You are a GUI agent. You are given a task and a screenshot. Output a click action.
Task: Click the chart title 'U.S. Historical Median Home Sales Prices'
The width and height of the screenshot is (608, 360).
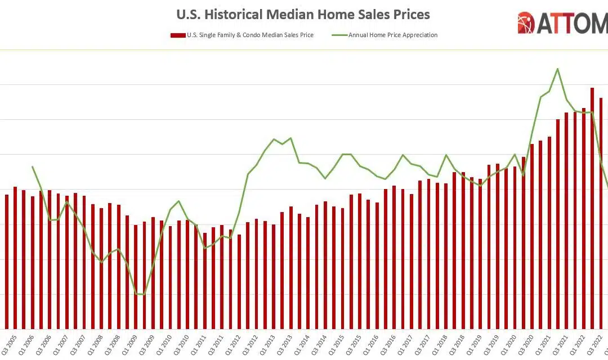click(303, 14)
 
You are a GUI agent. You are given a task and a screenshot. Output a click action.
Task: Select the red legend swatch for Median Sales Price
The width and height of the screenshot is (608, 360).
click(178, 35)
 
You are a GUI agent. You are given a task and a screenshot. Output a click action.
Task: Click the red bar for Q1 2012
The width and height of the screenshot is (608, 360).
click(239, 281)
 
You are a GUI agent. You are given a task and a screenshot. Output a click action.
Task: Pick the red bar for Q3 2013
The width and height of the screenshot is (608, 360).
click(291, 267)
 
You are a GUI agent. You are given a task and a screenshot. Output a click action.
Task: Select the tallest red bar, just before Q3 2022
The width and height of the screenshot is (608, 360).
click(592, 208)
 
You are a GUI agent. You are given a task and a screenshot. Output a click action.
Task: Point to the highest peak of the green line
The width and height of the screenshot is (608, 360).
click(557, 69)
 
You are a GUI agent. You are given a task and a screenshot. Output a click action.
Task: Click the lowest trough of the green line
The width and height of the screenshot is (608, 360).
click(144, 294)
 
